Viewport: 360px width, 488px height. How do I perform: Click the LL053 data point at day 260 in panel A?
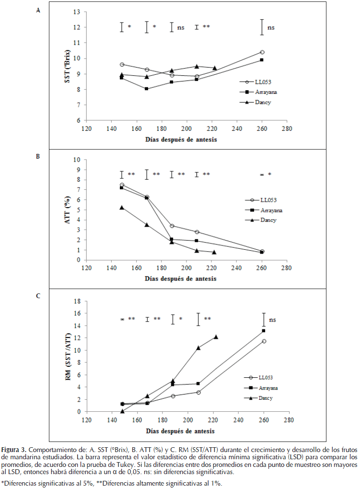pyautogui.click(x=262, y=52)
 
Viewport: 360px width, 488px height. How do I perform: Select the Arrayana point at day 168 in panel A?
pyautogui.click(x=147, y=89)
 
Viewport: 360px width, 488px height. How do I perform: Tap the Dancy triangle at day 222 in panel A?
pyautogui.click(x=214, y=68)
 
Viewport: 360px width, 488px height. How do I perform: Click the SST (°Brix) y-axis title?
pyautogui.click(x=68, y=66)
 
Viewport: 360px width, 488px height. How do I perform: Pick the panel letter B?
pyautogui.click(x=38, y=156)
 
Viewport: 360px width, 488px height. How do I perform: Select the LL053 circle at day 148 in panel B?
pyautogui.click(x=122, y=185)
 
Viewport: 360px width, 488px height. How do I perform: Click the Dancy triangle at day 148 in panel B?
pyautogui.click(x=122, y=208)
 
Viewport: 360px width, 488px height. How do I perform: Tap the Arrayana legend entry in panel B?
pyautogui.click(x=265, y=210)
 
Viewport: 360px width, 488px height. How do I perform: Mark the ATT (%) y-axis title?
pyautogui.click(x=68, y=210)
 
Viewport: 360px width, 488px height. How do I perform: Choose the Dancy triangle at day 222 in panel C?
pyautogui.click(x=216, y=337)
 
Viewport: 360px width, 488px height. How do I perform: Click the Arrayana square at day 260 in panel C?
pyautogui.click(x=264, y=331)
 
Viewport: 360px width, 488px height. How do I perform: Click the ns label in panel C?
pyautogui.click(x=272, y=319)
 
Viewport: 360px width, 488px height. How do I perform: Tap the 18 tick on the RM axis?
pyautogui.click(x=76, y=301)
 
